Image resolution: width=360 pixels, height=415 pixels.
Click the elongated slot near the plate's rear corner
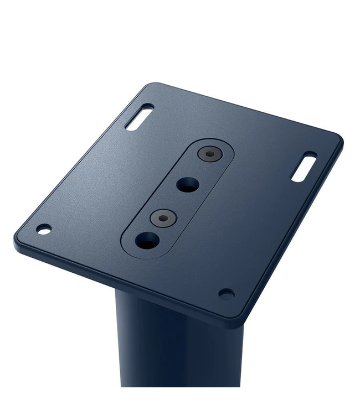(139, 117)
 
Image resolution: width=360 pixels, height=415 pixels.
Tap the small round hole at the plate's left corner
(43, 228)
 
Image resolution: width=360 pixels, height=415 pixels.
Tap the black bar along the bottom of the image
(180, 401)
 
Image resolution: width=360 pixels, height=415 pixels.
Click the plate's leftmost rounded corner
(16, 238)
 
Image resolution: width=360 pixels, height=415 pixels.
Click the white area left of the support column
(55, 343)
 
